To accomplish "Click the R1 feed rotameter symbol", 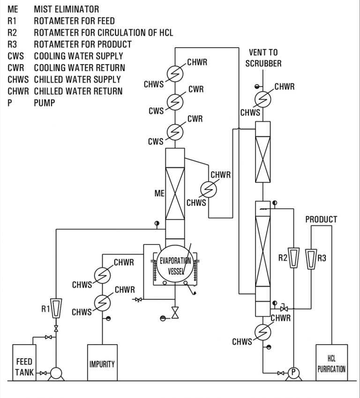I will click(56, 307).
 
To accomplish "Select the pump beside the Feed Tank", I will click(56, 373).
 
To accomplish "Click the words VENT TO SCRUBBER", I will click(263, 58).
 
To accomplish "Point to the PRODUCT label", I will click(321, 219).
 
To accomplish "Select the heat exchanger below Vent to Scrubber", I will click(263, 99).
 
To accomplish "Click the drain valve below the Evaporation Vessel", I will click(175, 312).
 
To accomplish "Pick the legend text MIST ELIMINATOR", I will click(66, 9).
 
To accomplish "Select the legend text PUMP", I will click(44, 103).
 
